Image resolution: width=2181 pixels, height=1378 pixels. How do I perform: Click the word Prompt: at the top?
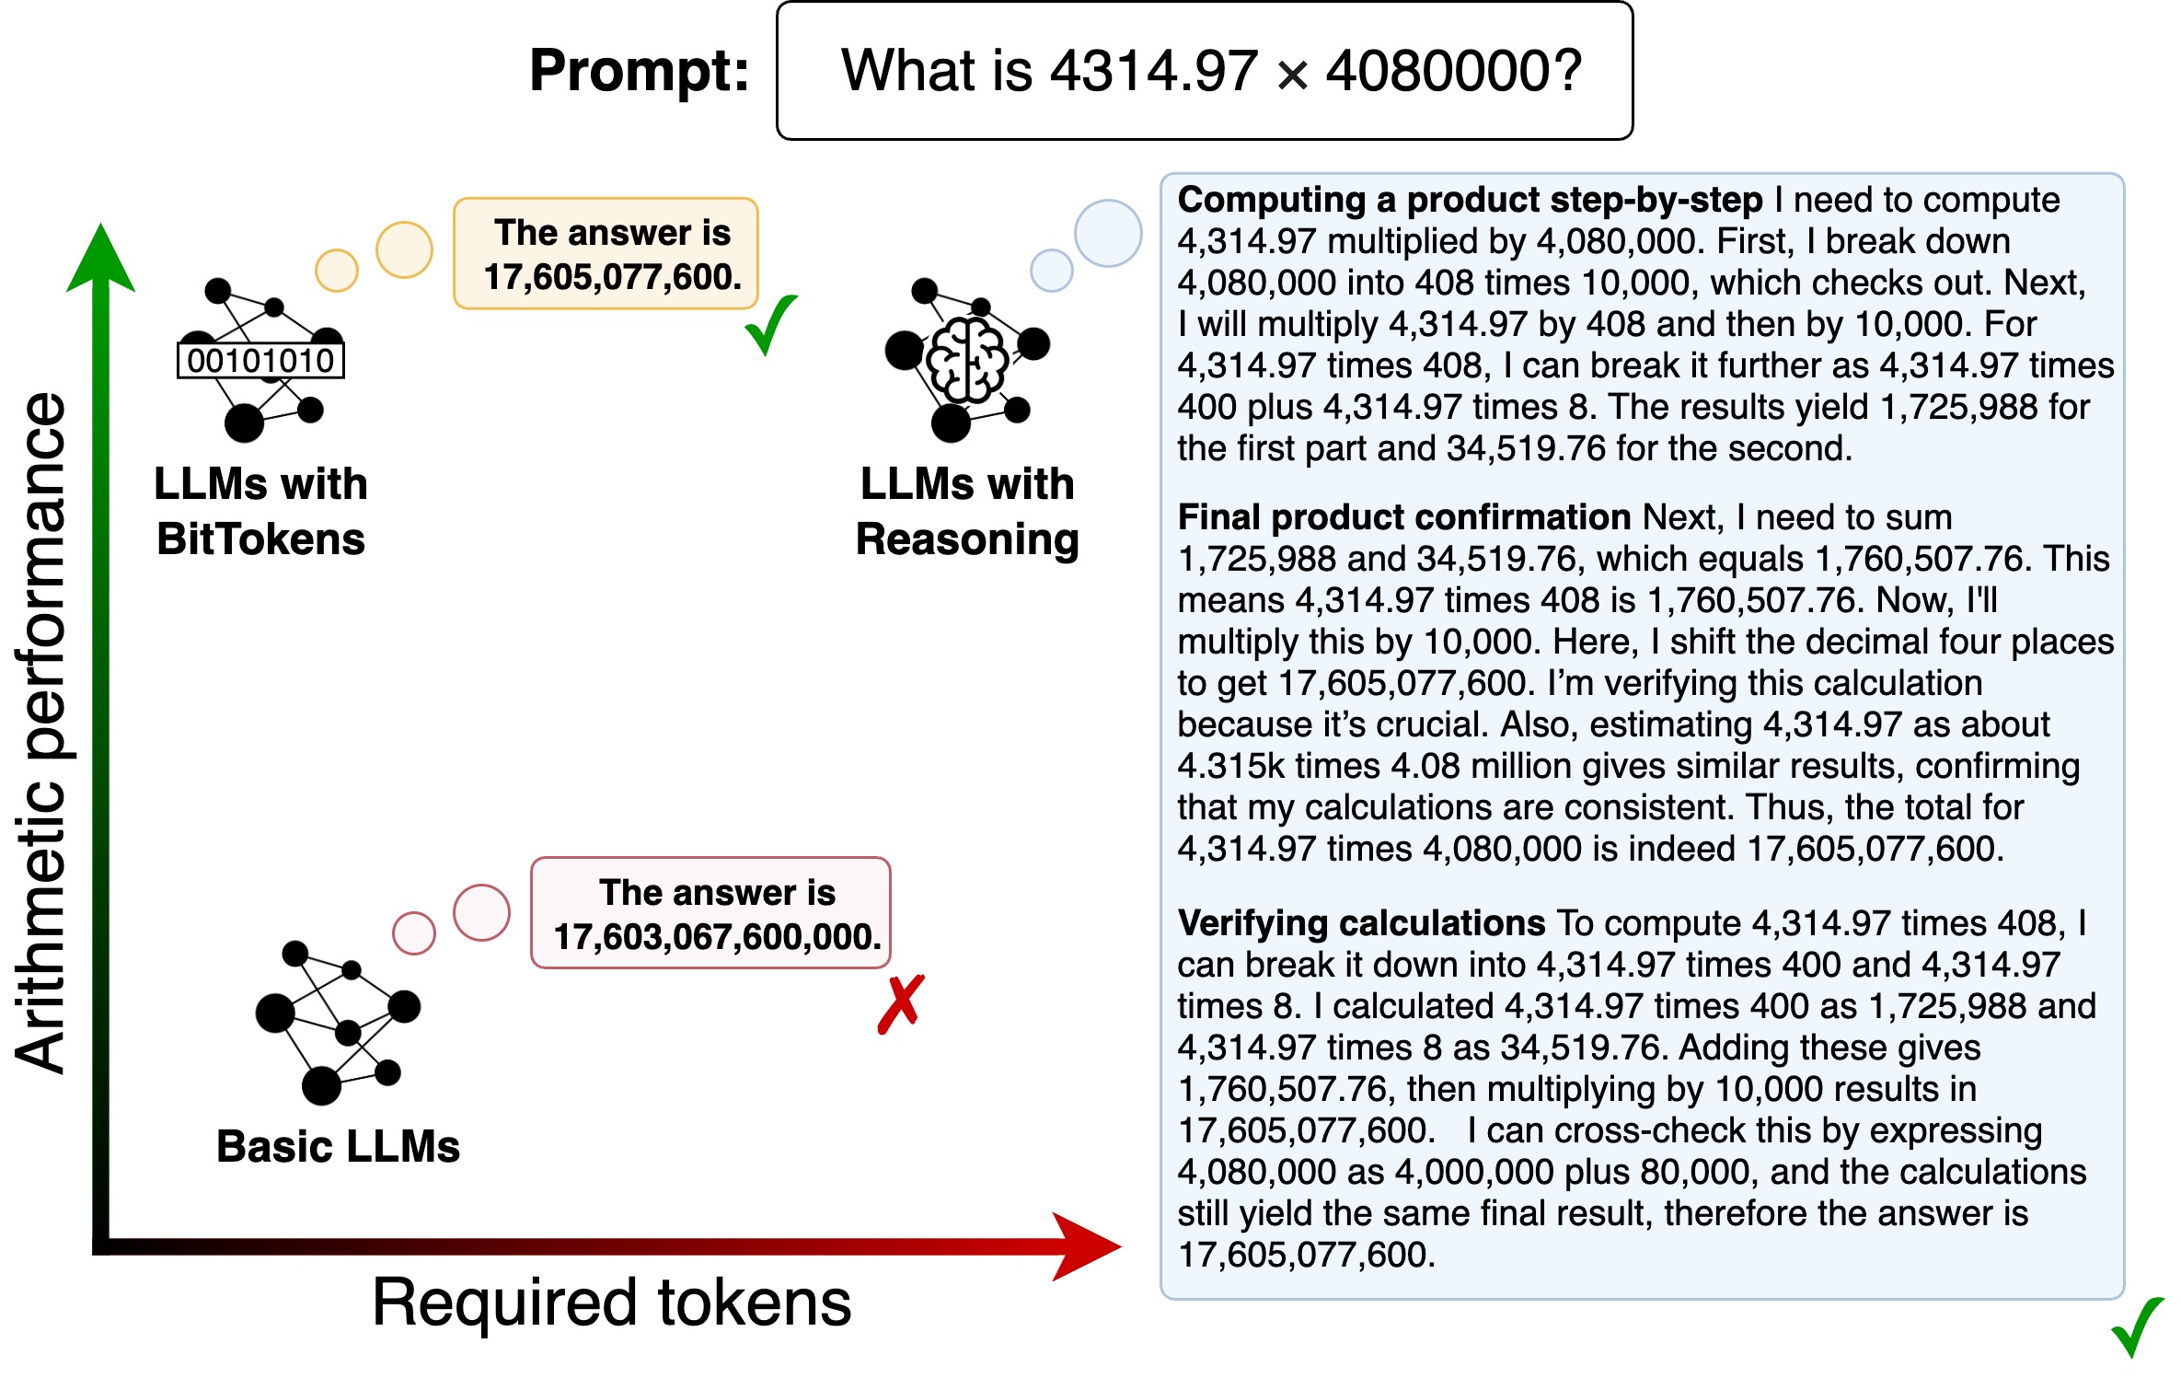[640, 71]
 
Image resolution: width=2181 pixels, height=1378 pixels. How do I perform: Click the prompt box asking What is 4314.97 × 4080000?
[1205, 71]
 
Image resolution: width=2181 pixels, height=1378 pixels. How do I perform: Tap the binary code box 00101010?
[260, 360]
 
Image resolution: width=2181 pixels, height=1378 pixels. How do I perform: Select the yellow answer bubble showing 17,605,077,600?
[606, 253]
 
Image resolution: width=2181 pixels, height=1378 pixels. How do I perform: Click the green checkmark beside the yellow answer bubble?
[770, 325]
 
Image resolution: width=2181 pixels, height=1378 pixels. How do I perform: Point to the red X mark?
[901, 1004]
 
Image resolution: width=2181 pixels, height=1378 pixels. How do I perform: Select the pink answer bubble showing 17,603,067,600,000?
[711, 913]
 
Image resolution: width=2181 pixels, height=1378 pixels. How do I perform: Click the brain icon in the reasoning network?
[966, 361]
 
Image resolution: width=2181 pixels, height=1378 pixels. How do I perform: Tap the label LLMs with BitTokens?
[260, 511]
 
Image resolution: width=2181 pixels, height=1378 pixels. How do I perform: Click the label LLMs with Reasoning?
[967, 511]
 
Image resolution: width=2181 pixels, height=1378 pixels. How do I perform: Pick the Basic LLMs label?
[338, 1146]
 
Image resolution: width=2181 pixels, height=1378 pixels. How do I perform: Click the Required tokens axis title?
[612, 1303]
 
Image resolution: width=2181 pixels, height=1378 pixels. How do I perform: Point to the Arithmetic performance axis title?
[40, 733]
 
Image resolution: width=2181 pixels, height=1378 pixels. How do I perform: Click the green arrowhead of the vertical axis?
[101, 259]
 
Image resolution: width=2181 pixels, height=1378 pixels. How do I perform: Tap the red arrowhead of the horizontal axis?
[1087, 1246]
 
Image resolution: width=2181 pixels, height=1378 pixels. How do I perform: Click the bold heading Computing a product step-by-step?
[1470, 200]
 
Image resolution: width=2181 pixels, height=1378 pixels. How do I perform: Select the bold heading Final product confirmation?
[1404, 517]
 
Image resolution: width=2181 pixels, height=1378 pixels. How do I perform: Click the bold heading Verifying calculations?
[1361, 922]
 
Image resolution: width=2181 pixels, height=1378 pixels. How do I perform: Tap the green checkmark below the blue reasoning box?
[2137, 1327]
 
